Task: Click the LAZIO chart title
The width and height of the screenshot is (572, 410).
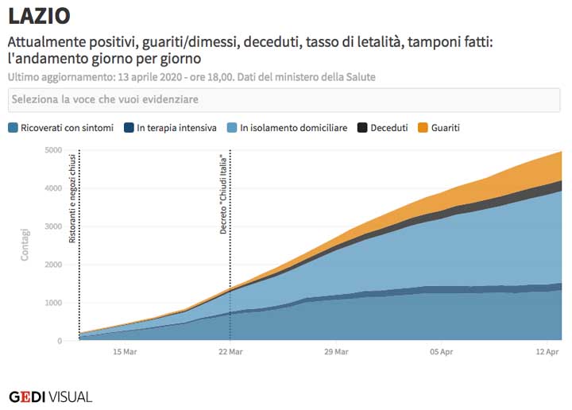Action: pyautogui.click(x=39, y=15)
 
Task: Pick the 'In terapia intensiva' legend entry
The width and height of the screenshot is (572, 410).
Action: pyautogui.click(x=170, y=128)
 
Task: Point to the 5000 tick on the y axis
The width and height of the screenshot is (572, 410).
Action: pyautogui.click(x=53, y=150)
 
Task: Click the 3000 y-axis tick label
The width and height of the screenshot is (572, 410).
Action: pyautogui.click(x=53, y=226)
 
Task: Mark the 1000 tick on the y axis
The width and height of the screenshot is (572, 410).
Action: pyautogui.click(x=53, y=303)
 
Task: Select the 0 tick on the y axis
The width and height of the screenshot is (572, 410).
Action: pyautogui.click(x=60, y=341)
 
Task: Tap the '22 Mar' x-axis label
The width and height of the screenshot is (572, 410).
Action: pyautogui.click(x=230, y=351)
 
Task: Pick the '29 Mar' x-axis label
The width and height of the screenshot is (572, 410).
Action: pyautogui.click(x=336, y=351)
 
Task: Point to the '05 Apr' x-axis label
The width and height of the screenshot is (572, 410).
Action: pyautogui.click(x=442, y=351)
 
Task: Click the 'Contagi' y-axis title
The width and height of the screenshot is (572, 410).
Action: pyautogui.click(x=25, y=245)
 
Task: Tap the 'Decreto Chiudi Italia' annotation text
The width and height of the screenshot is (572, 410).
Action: pyautogui.click(x=223, y=191)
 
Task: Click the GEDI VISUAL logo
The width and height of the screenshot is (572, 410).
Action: pyautogui.click(x=51, y=396)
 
